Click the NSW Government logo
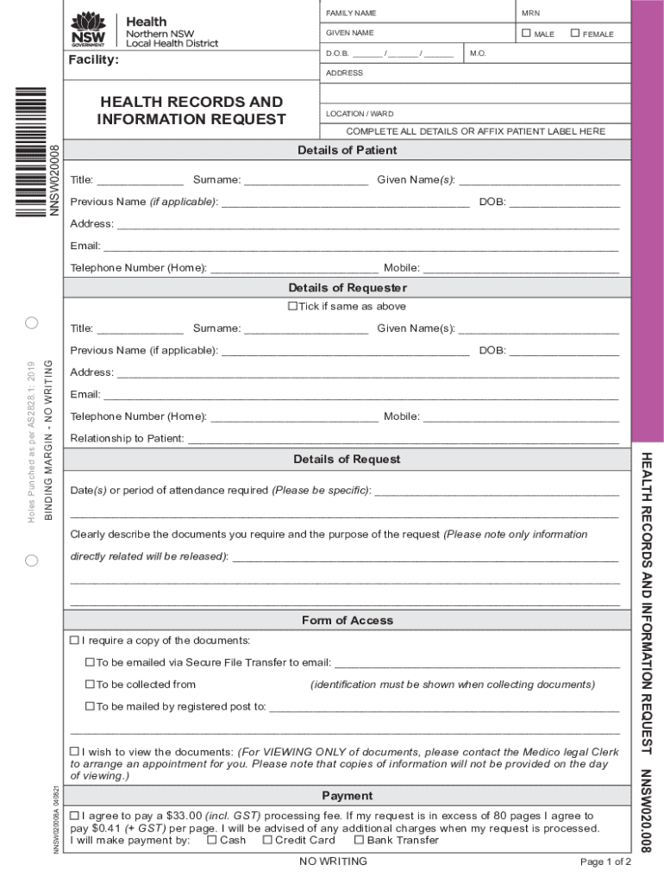88,32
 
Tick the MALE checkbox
526,34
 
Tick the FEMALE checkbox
575,34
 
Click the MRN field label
530,14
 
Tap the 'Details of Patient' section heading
347,150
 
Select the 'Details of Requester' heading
347,288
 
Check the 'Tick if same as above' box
292,306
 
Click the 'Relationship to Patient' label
127,439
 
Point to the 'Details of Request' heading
347,460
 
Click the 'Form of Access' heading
347,621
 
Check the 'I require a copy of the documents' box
74,641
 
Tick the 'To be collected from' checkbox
90,685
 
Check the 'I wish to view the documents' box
74,752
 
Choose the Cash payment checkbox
212,840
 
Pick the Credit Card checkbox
267,840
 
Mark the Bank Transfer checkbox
359,840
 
